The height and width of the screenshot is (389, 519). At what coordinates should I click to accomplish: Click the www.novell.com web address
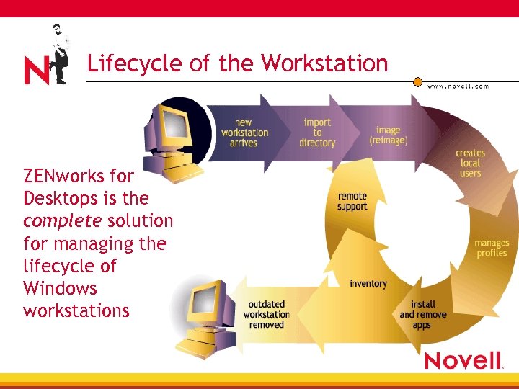tap(458, 86)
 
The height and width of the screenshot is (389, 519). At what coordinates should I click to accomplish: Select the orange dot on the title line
tap(417, 82)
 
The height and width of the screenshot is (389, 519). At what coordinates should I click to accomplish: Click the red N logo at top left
tap(37, 71)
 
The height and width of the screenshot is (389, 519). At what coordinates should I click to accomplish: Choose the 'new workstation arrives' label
tap(244, 133)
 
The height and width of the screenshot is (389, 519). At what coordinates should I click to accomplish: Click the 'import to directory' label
tap(317, 133)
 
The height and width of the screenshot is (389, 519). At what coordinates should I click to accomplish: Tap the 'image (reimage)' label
tap(388, 135)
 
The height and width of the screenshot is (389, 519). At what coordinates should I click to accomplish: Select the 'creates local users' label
tap(470, 164)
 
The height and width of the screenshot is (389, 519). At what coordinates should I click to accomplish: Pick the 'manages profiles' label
tap(492, 248)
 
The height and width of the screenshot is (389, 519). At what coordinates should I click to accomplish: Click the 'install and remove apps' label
tap(423, 315)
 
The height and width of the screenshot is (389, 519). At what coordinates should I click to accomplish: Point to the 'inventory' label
tap(368, 284)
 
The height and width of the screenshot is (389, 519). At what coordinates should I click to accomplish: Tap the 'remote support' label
tap(352, 202)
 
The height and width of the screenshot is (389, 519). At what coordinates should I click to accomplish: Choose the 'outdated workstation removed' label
tap(267, 314)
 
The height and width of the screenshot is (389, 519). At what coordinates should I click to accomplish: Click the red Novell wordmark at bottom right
tap(462, 360)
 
